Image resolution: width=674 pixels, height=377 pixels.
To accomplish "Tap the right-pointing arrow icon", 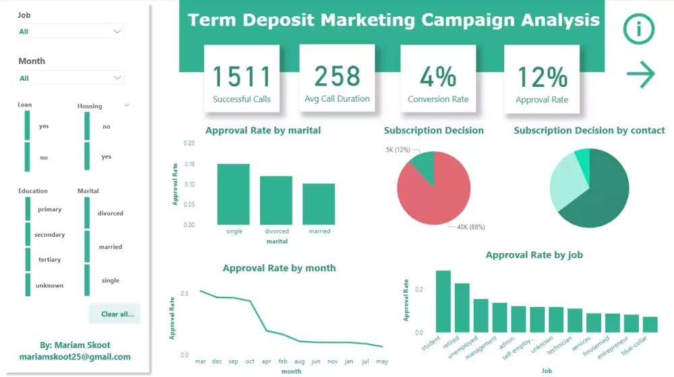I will tap(640, 74).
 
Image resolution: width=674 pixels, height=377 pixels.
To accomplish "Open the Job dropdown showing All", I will tap(70, 32).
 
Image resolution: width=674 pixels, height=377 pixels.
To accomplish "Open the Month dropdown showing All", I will tap(70, 78).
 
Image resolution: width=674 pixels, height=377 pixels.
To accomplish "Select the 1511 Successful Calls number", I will tap(241, 77).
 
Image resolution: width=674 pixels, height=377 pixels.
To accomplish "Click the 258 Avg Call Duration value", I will tap(337, 77).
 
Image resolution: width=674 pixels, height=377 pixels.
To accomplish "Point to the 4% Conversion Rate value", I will tap(438, 77).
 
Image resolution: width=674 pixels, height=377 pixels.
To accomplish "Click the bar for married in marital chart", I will tap(319, 204).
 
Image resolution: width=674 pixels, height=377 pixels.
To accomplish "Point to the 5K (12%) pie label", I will tap(398, 149).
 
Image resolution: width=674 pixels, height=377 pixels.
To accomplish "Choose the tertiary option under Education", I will tap(49, 260).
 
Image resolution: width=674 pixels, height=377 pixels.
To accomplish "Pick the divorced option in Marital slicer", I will tap(110, 213).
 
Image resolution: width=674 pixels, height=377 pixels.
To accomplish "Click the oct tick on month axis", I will tap(249, 362).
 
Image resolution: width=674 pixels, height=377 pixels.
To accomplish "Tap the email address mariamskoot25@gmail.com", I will tap(75, 357).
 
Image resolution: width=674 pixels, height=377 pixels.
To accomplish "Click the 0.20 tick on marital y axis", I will tap(189, 143).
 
